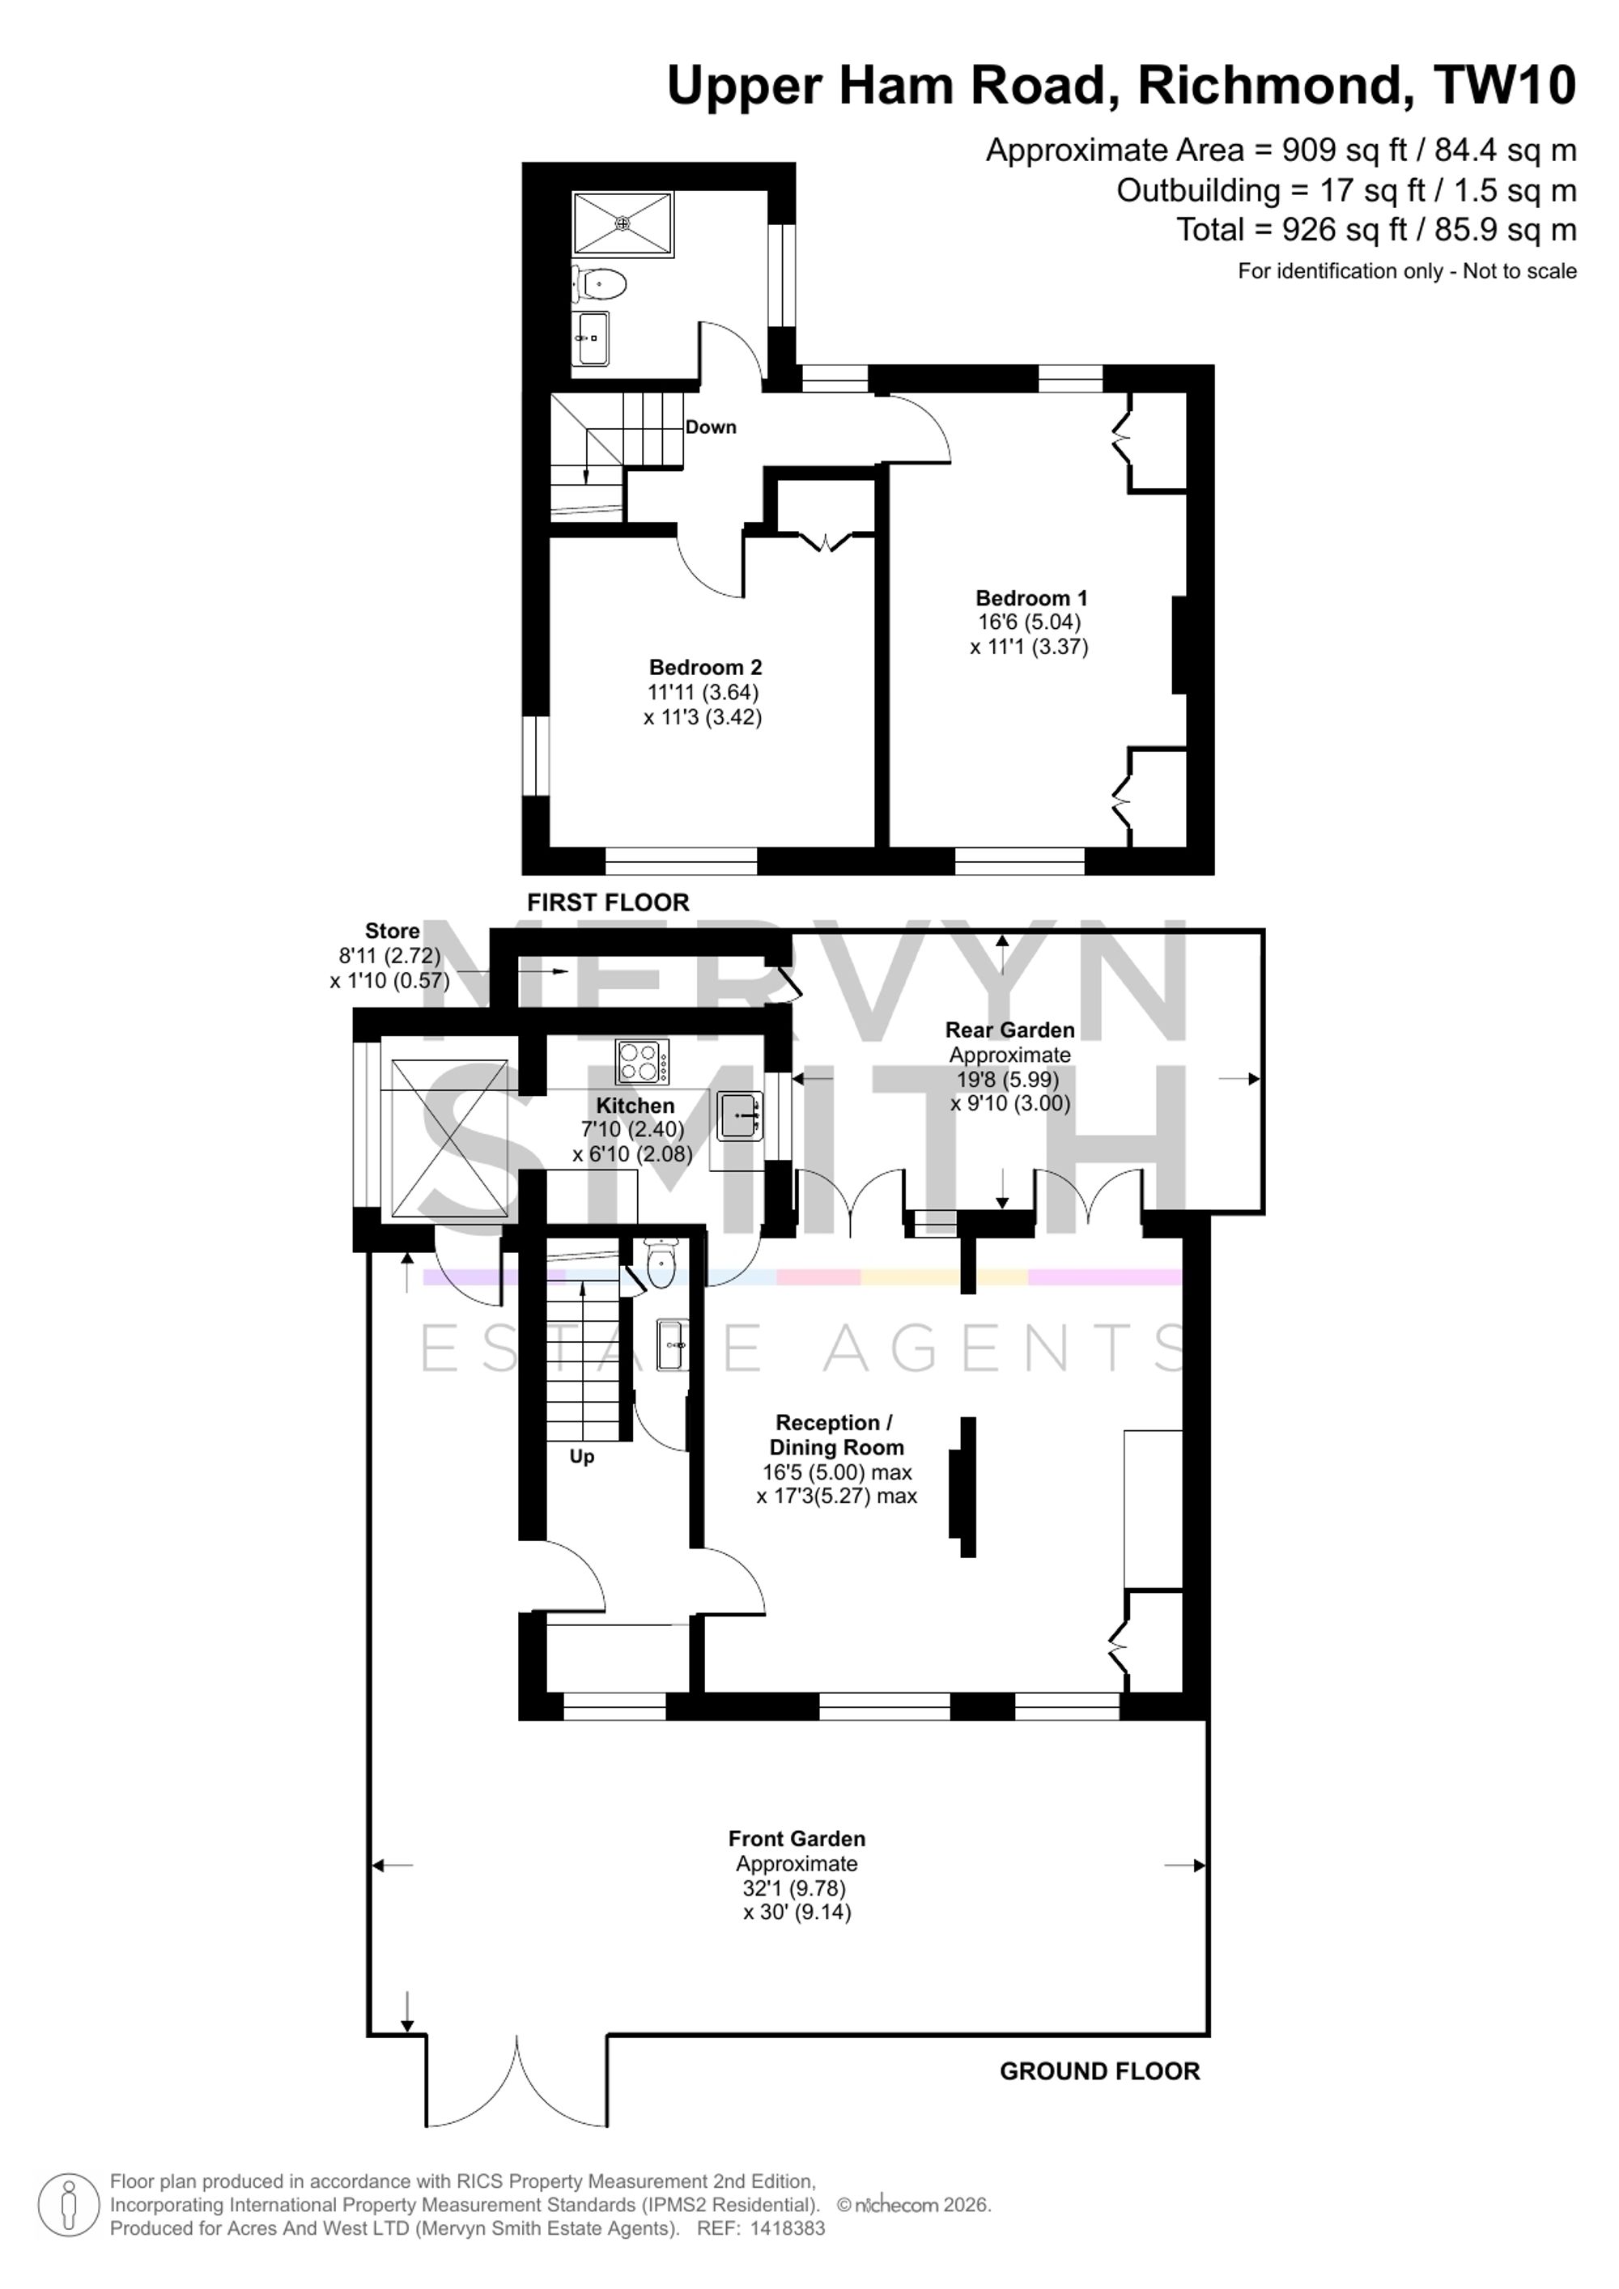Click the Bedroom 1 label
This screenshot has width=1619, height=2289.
(1030, 598)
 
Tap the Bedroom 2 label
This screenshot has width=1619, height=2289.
(705, 667)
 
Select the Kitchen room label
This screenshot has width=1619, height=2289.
(635, 1106)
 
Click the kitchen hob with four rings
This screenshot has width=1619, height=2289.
(642, 1062)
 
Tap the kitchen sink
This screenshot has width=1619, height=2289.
(740, 1115)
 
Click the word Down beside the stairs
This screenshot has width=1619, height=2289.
(711, 427)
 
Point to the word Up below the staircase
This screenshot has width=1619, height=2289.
(582, 1457)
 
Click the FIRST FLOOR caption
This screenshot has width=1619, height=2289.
(608, 902)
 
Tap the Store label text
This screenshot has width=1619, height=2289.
(392, 931)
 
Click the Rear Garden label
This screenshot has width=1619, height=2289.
(1010, 1030)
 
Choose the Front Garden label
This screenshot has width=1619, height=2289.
(797, 1838)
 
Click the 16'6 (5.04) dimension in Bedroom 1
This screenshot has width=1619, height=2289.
(1030, 622)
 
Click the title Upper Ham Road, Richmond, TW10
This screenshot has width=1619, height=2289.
(1121, 86)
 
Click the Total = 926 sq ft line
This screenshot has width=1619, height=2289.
(1377, 231)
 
